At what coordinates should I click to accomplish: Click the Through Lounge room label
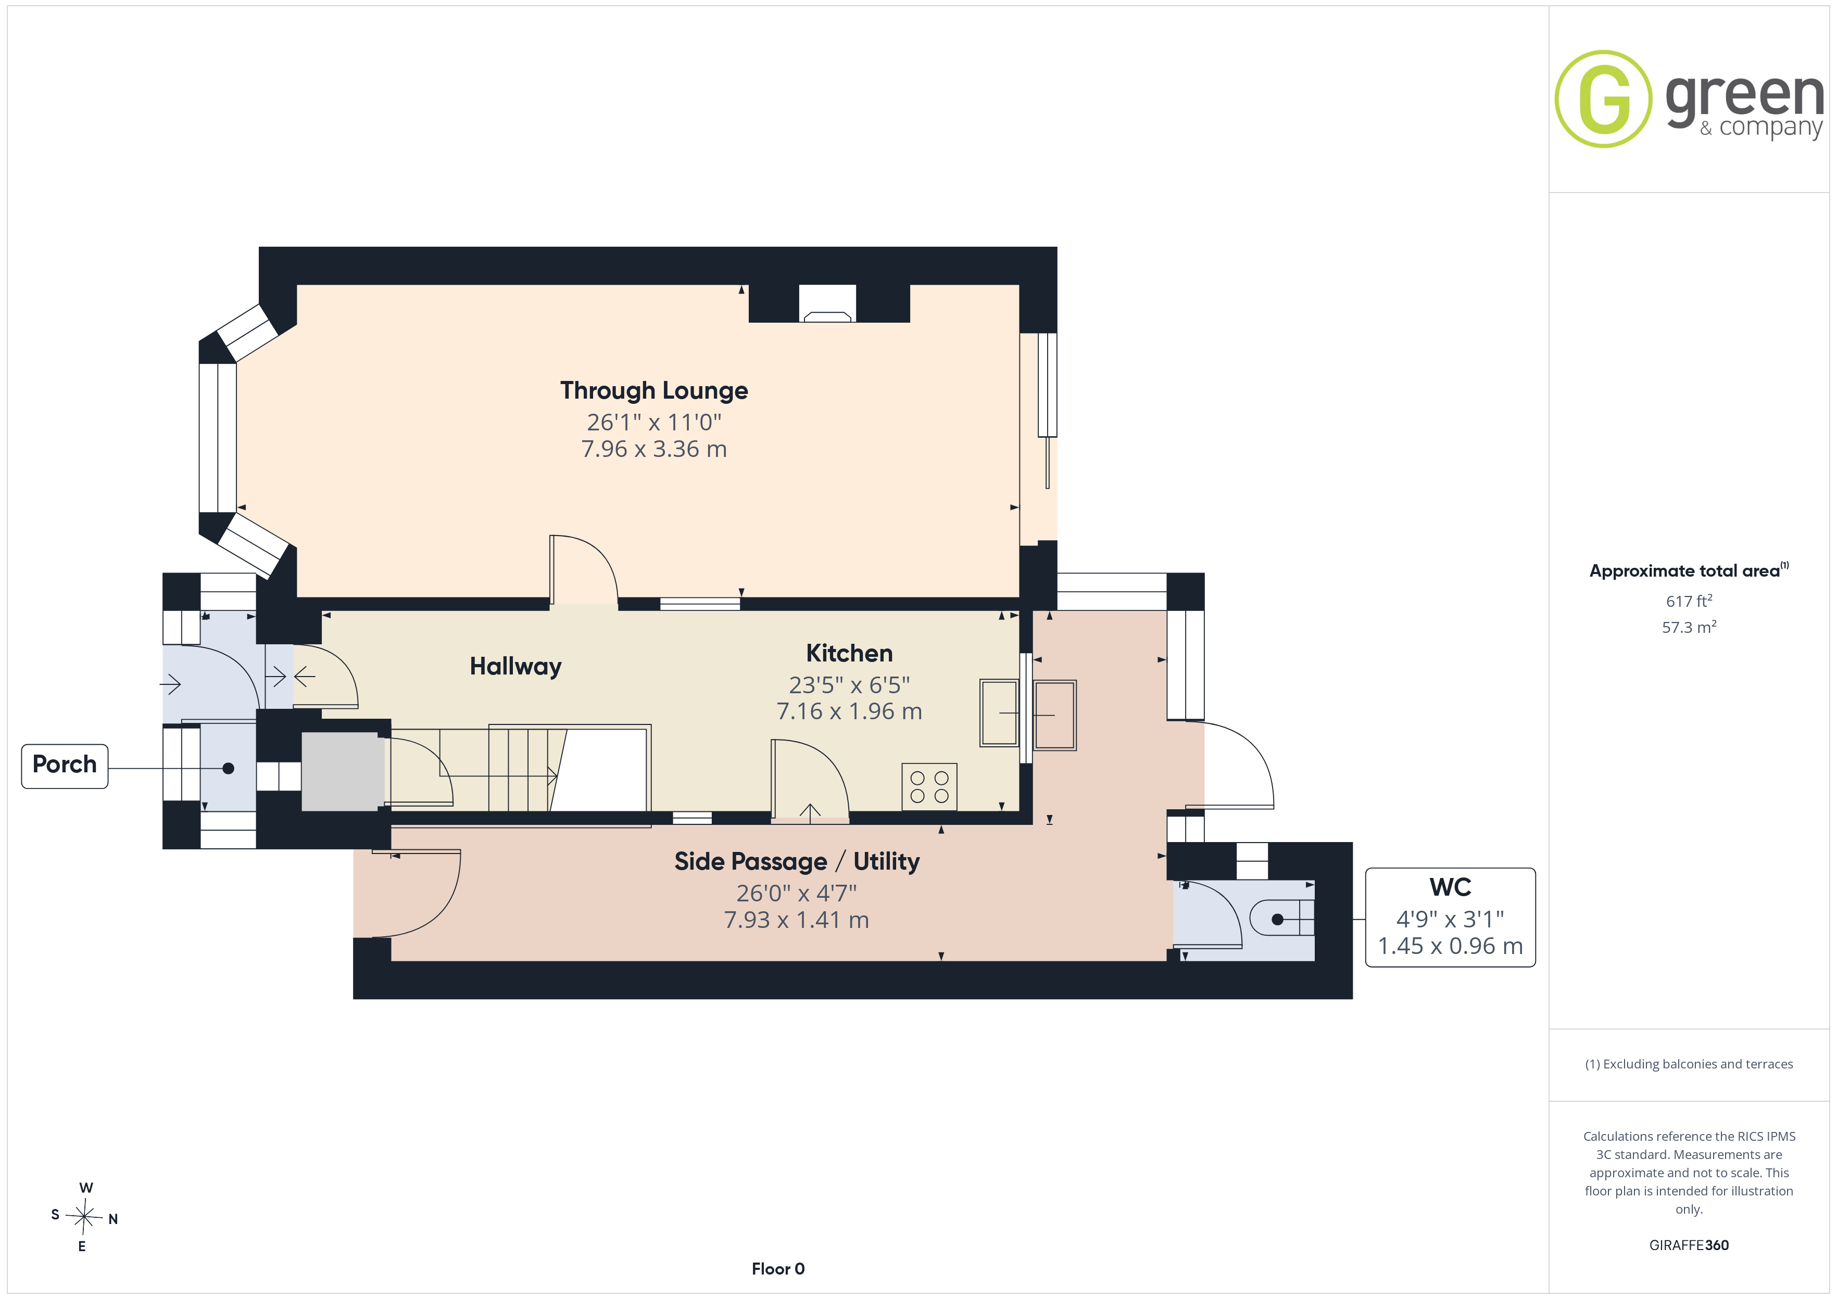point(653,390)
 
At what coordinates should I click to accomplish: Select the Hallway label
point(515,666)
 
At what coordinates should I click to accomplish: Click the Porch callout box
point(65,766)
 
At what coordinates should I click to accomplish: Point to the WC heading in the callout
point(1450,887)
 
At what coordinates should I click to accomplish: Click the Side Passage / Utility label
point(797,861)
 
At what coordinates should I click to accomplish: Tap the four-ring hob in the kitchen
point(929,787)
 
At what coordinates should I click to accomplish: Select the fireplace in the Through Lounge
point(827,304)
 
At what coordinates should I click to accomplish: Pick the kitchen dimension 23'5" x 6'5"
point(849,685)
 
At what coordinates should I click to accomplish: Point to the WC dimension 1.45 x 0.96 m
point(1450,946)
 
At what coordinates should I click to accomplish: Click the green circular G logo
point(1603,99)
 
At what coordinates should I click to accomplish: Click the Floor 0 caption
point(778,1269)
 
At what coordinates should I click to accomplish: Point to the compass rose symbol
point(83,1217)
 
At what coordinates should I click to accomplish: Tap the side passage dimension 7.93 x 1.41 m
point(797,920)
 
